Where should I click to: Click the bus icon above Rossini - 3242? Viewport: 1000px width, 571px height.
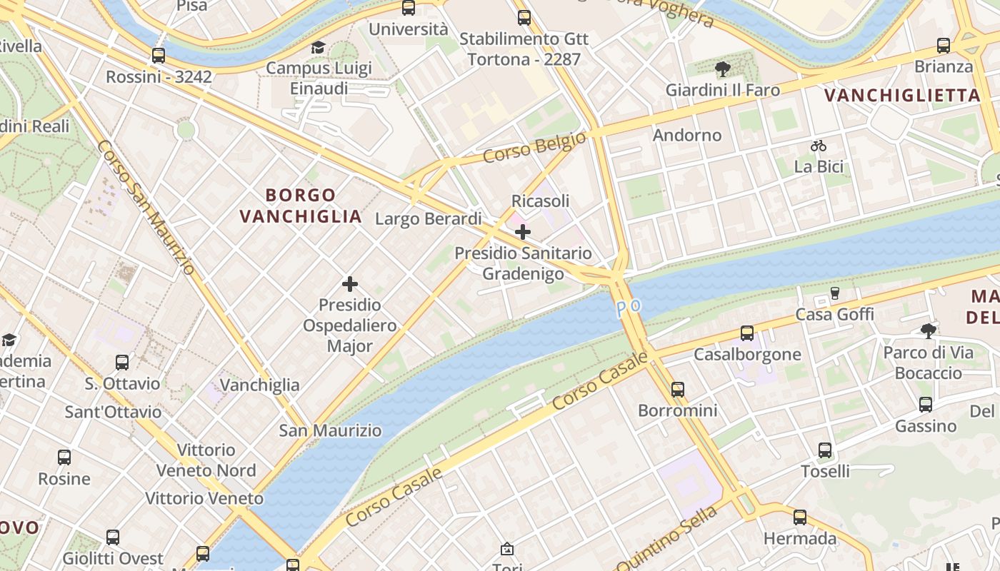click(x=159, y=55)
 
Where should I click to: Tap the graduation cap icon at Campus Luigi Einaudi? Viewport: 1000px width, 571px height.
click(x=318, y=47)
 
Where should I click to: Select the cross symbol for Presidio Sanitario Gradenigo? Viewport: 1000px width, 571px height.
click(x=523, y=232)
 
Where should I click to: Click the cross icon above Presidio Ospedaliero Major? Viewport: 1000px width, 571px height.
click(x=350, y=284)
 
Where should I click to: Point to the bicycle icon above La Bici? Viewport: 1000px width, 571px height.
click(x=819, y=146)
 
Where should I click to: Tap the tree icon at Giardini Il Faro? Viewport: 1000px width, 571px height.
click(x=722, y=69)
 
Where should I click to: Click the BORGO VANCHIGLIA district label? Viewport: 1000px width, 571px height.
click(x=301, y=206)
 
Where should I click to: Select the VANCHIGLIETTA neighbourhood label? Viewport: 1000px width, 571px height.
click(x=902, y=95)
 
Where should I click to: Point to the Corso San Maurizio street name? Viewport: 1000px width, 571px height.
click(x=146, y=207)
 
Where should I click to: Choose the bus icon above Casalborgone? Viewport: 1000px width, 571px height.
click(x=747, y=333)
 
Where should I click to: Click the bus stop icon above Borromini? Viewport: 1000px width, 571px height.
click(x=678, y=390)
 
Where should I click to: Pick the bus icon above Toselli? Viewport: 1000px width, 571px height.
click(x=825, y=450)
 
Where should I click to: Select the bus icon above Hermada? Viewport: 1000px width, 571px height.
click(x=800, y=517)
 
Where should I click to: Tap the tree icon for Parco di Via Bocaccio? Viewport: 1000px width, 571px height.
click(x=929, y=330)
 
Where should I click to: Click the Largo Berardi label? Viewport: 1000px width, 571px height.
click(x=429, y=218)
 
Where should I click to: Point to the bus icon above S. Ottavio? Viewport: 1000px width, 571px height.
click(x=122, y=363)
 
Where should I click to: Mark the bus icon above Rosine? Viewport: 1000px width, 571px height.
click(x=64, y=458)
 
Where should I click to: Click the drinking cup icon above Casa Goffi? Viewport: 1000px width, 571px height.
click(x=834, y=293)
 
